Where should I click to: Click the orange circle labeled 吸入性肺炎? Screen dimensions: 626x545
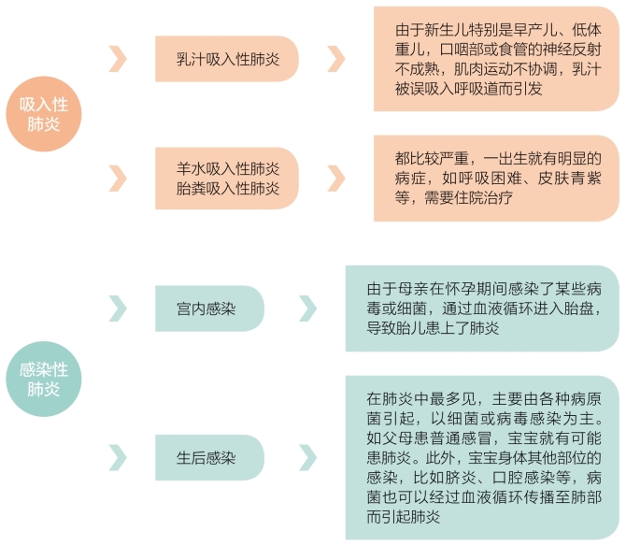point(44,114)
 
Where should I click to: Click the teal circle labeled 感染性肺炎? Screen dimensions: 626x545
point(44,379)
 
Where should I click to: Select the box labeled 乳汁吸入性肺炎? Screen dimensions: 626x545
point(227,59)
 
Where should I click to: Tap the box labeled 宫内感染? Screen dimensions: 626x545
point(209,308)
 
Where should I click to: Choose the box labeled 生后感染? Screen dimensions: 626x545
point(209,457)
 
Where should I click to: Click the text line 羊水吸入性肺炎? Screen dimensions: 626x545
point(228,168)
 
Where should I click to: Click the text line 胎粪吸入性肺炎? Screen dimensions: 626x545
point(228,188)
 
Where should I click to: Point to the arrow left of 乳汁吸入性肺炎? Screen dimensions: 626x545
point(119,59)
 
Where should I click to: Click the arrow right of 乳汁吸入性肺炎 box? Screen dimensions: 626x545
point(336,59)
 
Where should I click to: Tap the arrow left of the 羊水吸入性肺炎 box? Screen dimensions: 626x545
point(119,179)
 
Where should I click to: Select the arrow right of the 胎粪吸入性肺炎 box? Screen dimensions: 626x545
point(336,179)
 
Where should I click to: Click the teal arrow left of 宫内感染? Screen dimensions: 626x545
point(119,308)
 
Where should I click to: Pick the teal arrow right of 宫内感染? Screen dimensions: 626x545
point(308,308)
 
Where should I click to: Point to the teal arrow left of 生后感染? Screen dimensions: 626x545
point(119,457)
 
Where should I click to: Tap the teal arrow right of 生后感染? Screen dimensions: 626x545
point(308,457)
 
